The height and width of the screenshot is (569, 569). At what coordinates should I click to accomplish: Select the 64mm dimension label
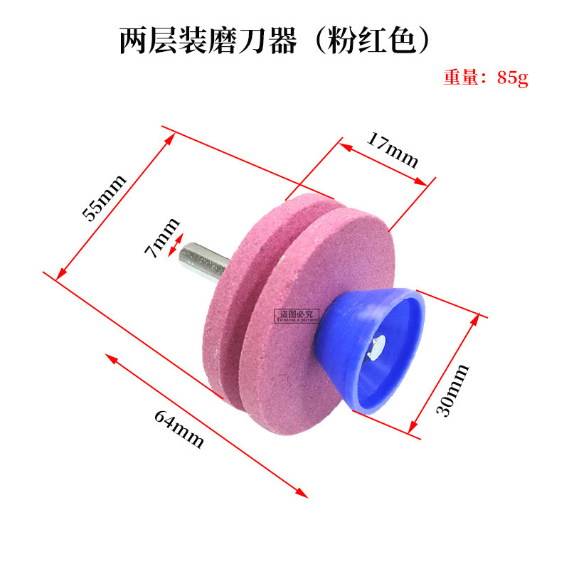click(179, 428)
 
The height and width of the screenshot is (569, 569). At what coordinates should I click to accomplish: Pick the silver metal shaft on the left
click(205, 262)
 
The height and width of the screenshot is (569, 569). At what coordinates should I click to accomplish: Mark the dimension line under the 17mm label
click(384, 164)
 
